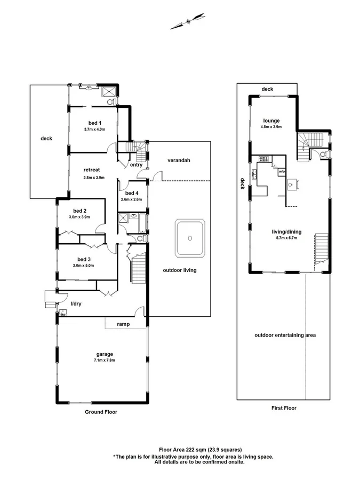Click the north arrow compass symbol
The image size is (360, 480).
click(188, 21)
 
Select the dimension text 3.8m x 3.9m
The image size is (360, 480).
click(94, 178)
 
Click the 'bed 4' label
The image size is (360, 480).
click(131, 193)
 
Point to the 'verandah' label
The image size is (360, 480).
click(179, 160)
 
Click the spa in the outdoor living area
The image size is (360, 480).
click(189, 238)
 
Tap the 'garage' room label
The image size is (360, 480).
click(105, 354)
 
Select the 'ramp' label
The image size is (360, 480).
click(124, 324)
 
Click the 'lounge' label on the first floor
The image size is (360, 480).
click(270, 121)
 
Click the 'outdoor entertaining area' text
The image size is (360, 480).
click(285, 335)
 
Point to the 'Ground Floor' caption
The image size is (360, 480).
click(101, 412)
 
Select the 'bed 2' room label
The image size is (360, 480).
click(79, 211)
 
